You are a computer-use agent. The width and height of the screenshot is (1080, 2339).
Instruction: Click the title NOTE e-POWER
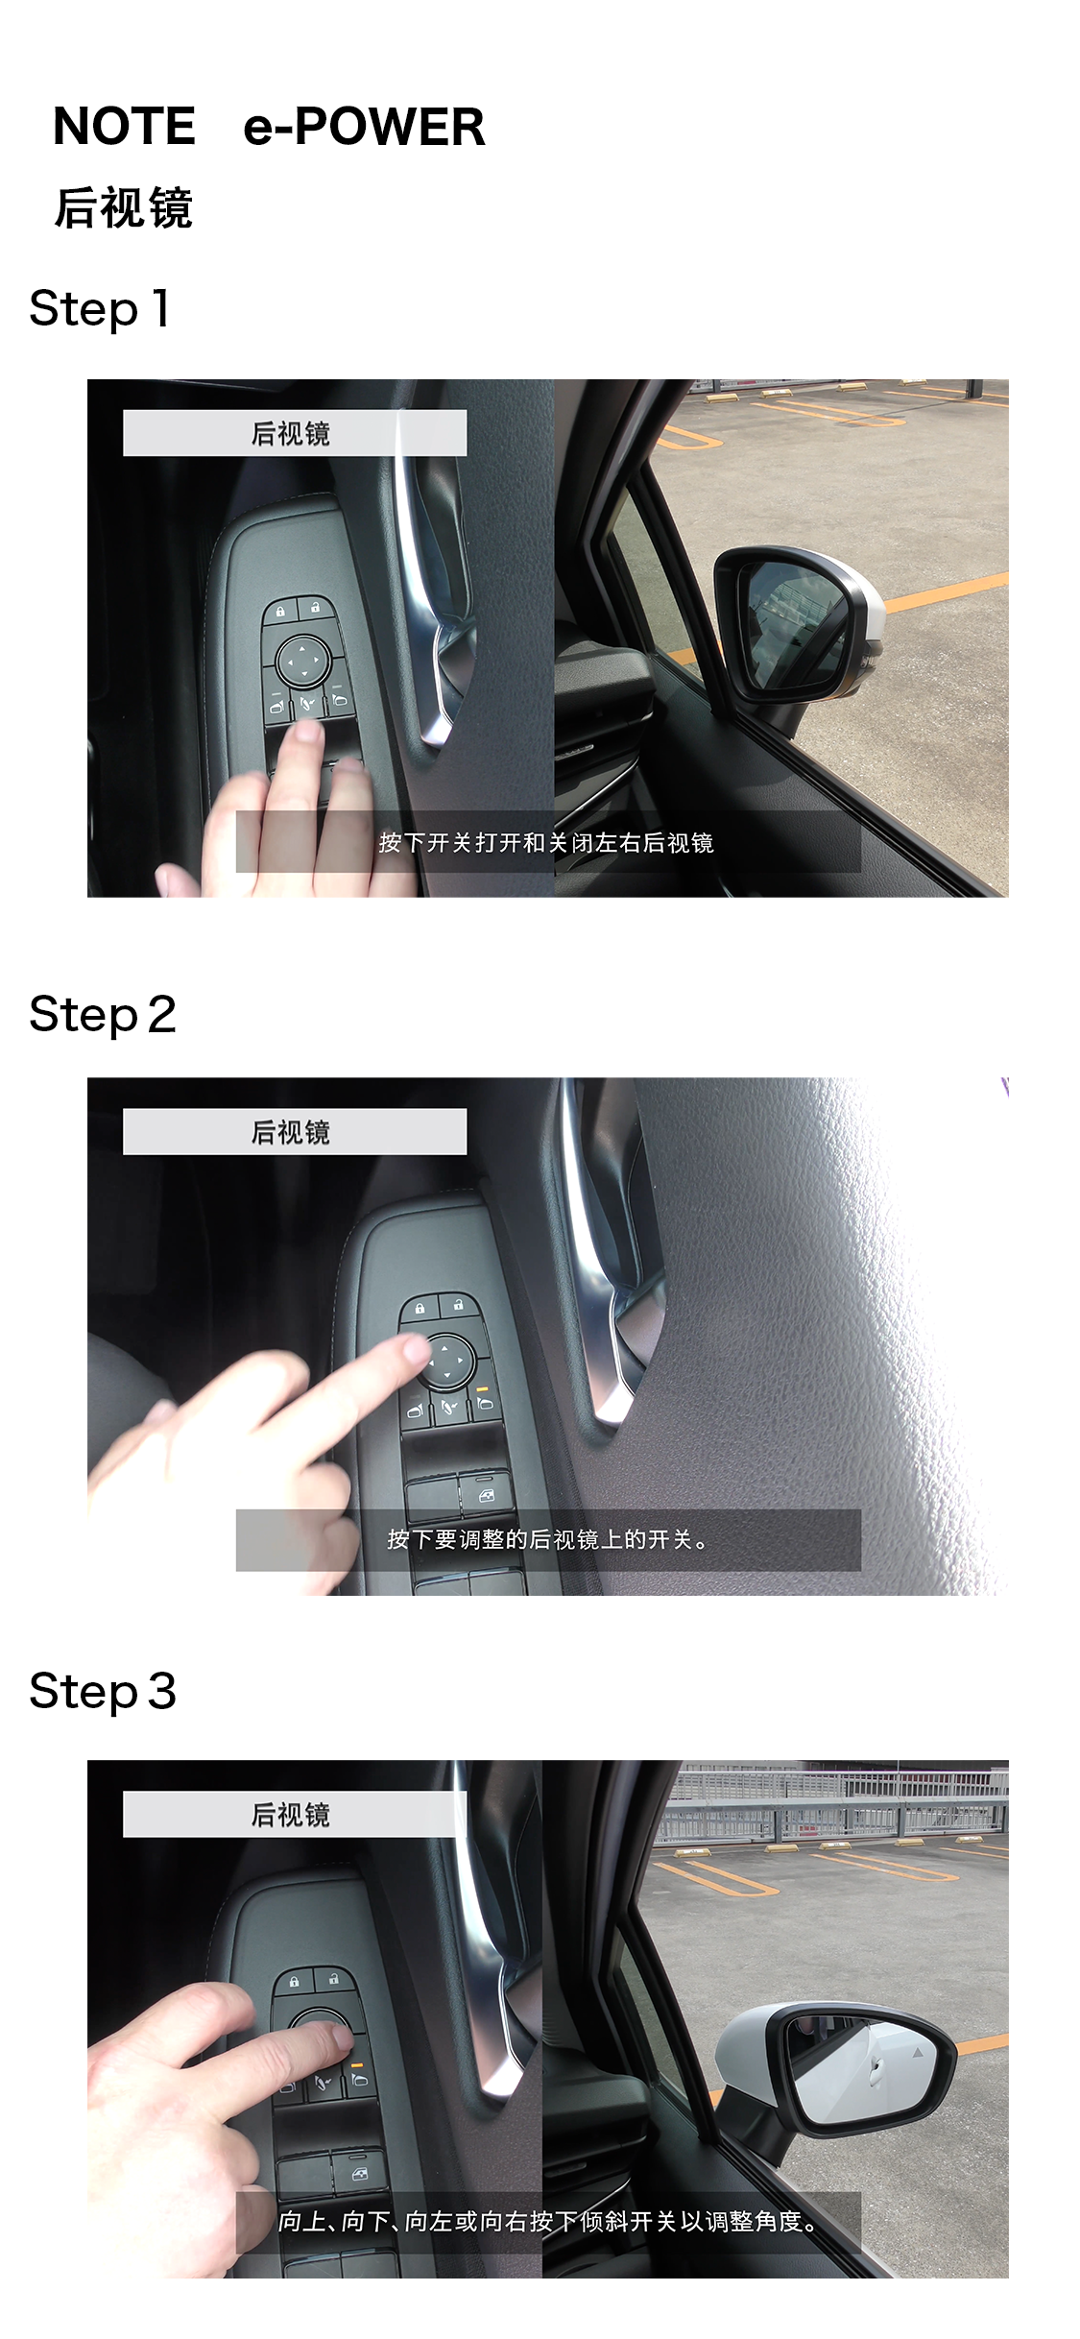click(269, 127)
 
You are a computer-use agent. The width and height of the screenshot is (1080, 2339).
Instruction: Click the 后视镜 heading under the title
click(124, 207)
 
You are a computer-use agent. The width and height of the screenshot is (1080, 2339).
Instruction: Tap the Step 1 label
click(100, 308)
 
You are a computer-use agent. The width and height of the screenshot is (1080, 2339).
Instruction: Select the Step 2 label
click(103, 1015)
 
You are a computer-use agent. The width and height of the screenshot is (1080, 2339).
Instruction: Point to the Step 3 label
click(103, 1691)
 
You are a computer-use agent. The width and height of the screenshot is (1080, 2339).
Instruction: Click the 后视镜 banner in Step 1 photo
click(295, 433)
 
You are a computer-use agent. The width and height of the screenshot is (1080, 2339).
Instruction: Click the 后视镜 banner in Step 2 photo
click(295, 1132)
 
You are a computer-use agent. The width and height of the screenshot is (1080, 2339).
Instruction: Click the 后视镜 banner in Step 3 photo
click(295, 1814)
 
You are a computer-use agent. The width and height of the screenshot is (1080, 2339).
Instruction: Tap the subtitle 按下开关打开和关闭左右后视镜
click(546, 843)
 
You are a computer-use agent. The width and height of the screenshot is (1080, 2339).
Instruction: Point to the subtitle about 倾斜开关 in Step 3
click(548, 2222)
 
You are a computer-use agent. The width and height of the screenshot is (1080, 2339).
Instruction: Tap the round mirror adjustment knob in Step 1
click(303, 662)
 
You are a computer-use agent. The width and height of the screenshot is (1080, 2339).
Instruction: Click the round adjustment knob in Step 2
click(445, 1362)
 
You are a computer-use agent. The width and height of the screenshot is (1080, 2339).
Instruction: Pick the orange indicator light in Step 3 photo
click(357, 2064)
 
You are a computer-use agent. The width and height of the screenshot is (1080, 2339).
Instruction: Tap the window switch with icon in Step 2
click(486, 1495)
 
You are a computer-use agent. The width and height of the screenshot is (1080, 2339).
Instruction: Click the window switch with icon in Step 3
click(357, 2173)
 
